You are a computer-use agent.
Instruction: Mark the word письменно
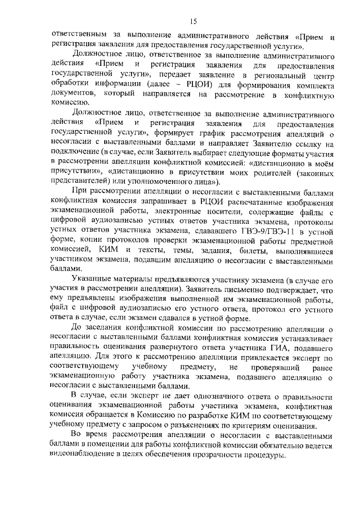tap(240, 290)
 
